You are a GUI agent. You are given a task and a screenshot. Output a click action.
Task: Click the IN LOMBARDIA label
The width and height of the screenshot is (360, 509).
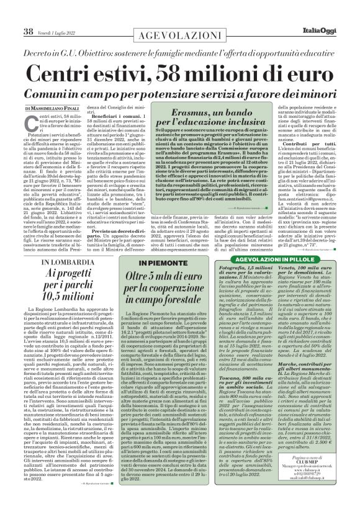(59, 263)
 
